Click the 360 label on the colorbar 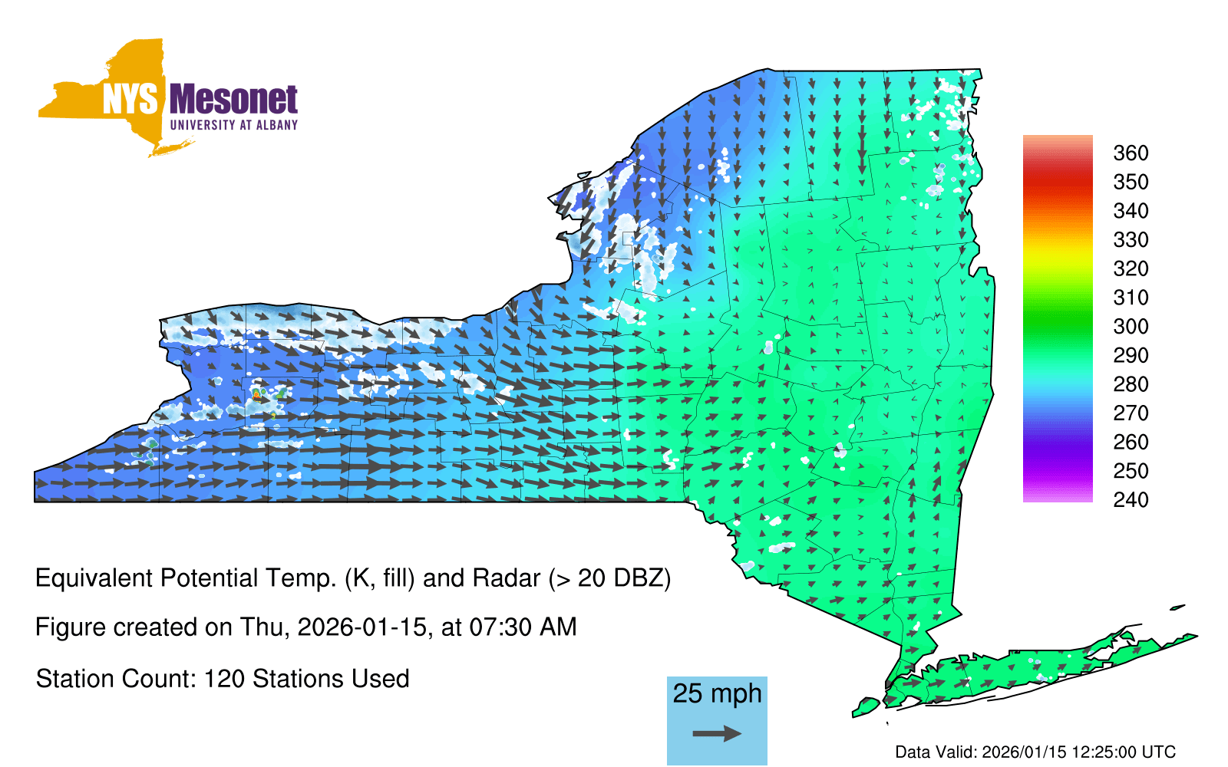1131,153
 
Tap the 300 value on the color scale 1131,327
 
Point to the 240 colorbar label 1131,499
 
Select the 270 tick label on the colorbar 1131,413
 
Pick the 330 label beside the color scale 1131,240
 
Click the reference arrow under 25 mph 717,733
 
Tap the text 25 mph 717,693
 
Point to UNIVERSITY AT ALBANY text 234,125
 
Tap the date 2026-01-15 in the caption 361,627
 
